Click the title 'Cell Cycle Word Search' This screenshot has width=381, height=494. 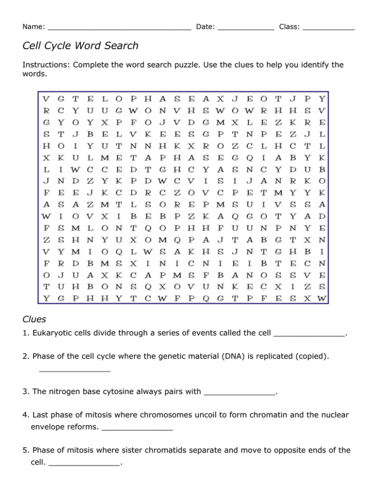click(x=80, y=46)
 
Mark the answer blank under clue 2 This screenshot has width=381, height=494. click(x=74, y=370)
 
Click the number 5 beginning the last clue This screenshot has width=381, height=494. click(x=25, y=449)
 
